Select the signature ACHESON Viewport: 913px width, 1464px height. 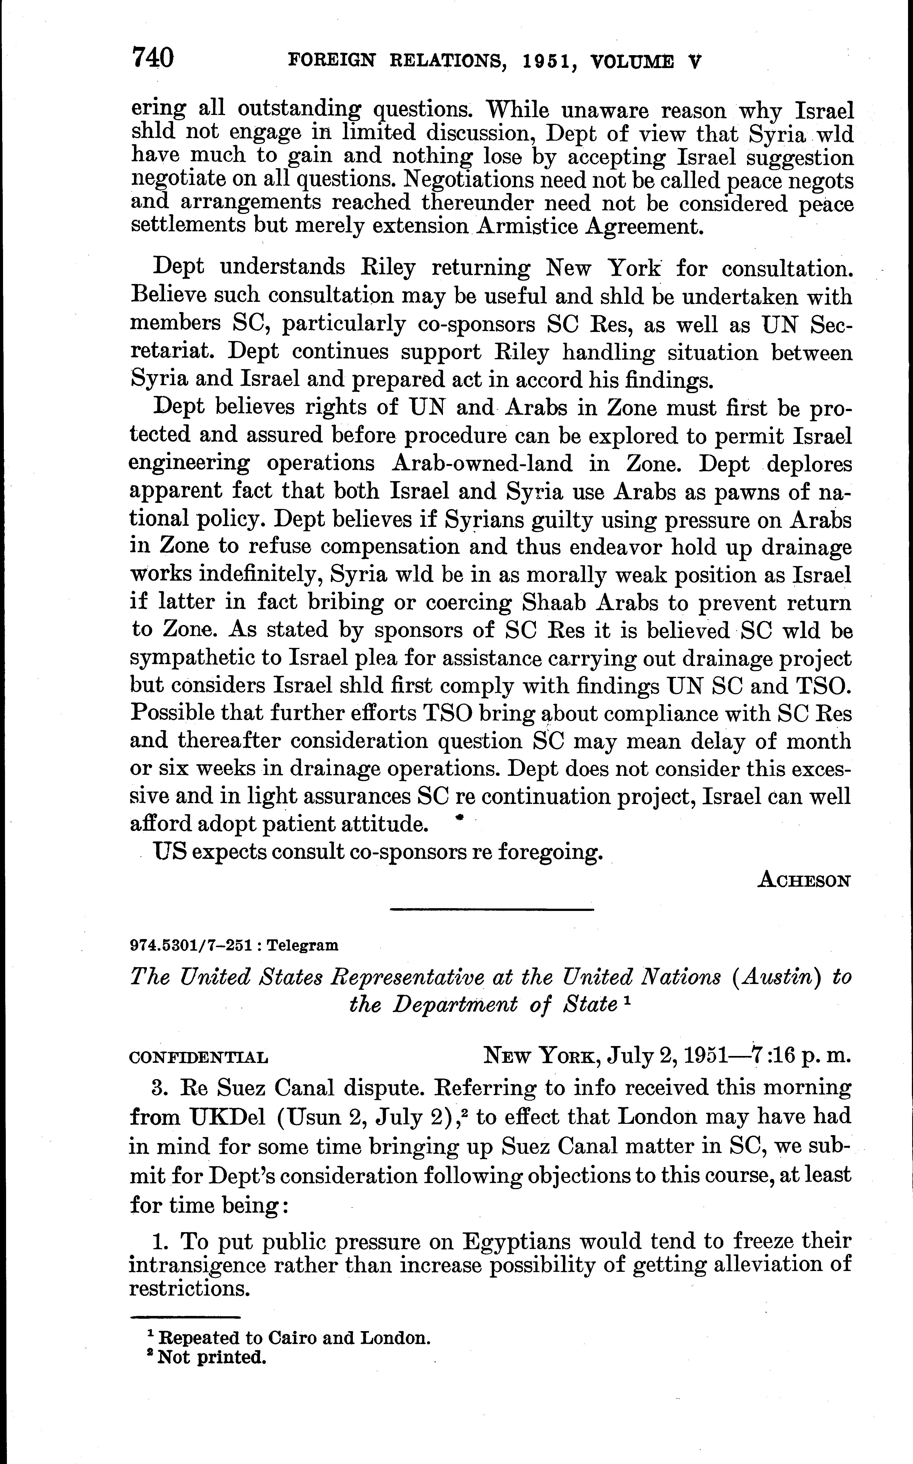tap(804, 880)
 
